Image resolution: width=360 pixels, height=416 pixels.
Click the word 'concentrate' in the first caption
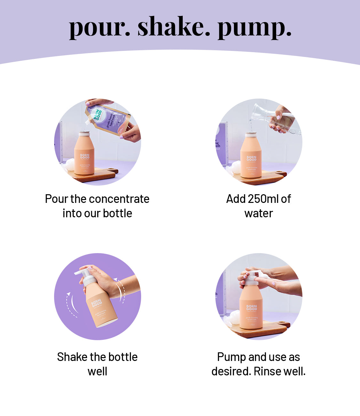[x=118, y=199]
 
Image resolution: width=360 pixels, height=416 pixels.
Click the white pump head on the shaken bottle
[x=84, y=275]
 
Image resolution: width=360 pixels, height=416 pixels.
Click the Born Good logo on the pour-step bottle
[x=85, y=156]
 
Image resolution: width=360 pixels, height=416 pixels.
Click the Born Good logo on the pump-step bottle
[x=252, y=308]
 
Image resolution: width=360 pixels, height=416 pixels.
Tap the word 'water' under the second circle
[x=259, y=213]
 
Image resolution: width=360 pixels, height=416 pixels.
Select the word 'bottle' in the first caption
[x=117, y=213]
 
